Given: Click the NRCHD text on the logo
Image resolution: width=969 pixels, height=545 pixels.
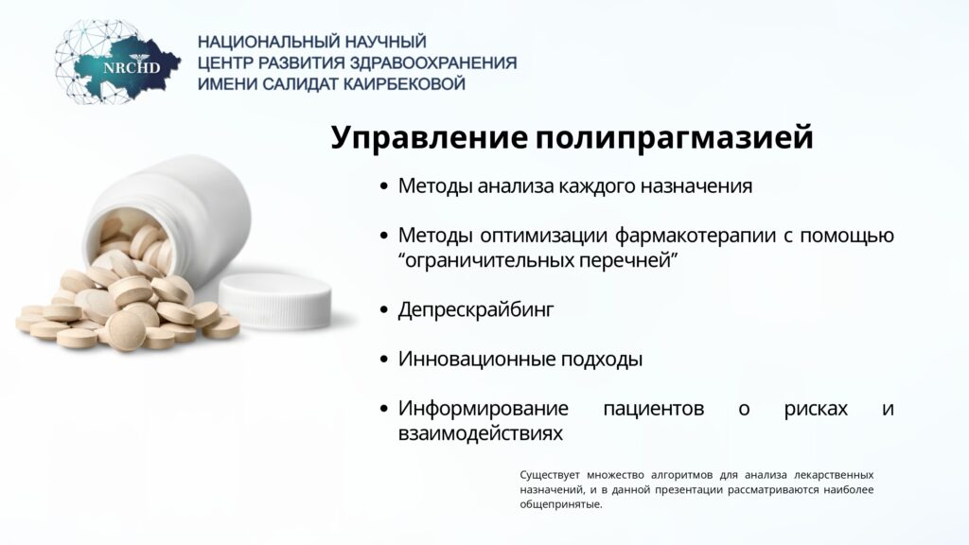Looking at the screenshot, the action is click(131, 67).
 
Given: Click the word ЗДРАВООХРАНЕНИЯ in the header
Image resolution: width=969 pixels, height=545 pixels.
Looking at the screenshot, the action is click(433, 63).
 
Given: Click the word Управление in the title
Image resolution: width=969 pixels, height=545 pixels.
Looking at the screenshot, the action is click(430, 138).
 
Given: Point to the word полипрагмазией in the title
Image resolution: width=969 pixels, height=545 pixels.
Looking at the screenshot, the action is click(674, 138).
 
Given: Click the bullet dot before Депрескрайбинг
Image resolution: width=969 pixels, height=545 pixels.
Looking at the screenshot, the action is click(384, 309).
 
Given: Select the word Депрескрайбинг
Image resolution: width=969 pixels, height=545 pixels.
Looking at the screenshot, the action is click(476, 309).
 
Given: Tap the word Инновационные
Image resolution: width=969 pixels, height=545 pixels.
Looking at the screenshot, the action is click(476, 359).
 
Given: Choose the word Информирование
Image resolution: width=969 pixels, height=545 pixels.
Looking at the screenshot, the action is click(484, 409).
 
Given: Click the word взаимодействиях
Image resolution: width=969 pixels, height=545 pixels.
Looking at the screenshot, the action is click(480, 433).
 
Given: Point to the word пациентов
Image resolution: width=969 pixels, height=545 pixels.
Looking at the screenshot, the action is click(653, 409).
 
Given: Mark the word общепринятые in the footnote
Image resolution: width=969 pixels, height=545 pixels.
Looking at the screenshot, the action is click(560, 505).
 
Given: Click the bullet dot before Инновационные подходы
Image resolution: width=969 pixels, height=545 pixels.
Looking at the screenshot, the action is click(384, 359).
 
